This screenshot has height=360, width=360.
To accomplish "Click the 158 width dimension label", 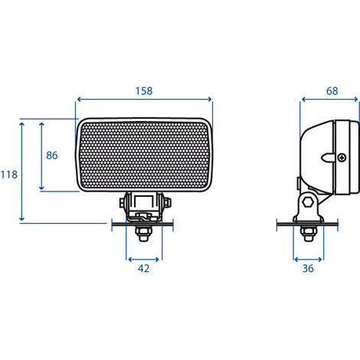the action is [144, 91].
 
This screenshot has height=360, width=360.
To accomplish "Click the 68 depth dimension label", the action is [332, 91].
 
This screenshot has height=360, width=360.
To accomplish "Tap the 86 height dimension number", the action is [52, 155].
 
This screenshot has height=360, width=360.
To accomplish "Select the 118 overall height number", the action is [9, 175].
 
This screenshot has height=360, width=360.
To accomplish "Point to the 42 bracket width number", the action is [143, 269].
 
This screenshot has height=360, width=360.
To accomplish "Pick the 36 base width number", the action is [308, 269].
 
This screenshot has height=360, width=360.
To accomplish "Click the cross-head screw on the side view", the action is [342, 158].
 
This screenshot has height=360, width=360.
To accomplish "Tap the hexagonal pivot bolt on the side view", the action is [308, 202].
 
